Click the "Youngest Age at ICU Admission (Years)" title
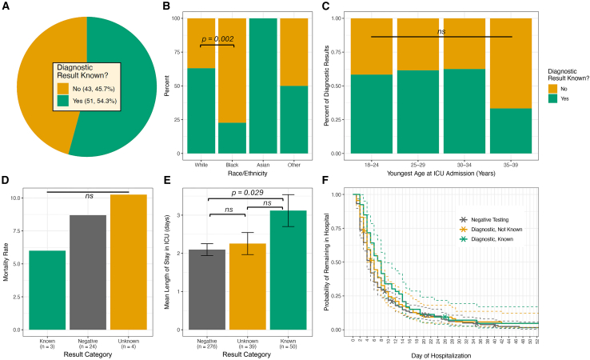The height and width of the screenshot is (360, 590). pos(441,172)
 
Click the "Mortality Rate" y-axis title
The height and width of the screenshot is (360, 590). pos(7,262)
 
